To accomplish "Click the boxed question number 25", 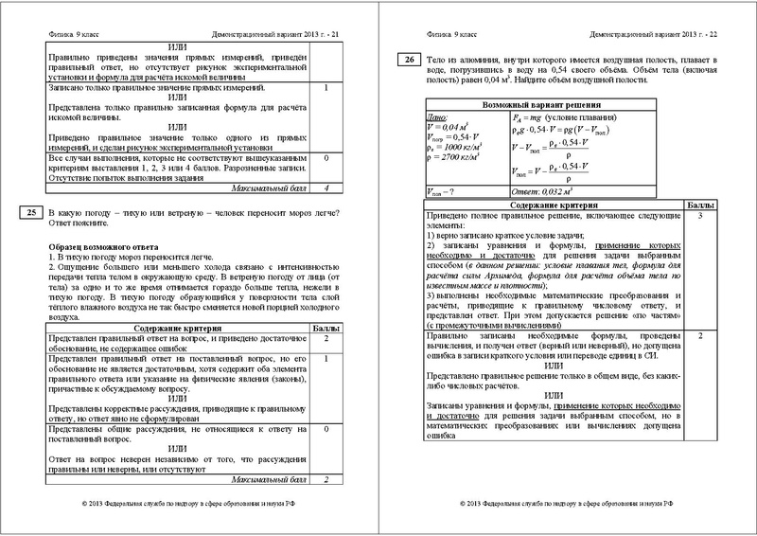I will tap(30, 216).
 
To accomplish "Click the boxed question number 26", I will tap(408, 62).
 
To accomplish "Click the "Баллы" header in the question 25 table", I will tap(326, 328).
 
